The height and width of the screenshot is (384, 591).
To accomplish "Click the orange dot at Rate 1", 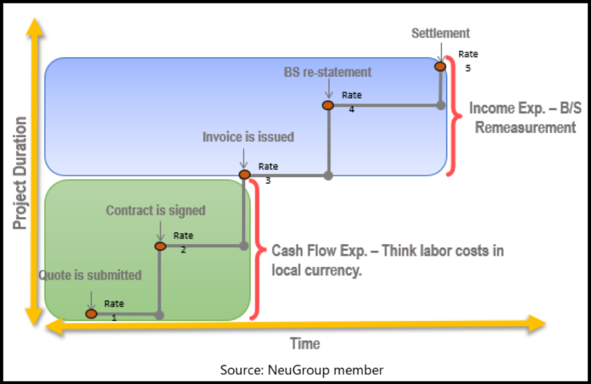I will (x=92, y=313).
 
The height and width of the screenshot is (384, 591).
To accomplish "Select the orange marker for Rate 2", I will (x=160, y=246).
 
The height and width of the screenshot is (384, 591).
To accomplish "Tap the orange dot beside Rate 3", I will (x=245, y=175).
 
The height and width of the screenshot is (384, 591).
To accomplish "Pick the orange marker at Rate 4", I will (x=328, y=105).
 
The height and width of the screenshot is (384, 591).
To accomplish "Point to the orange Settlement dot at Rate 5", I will (x=440, y=66).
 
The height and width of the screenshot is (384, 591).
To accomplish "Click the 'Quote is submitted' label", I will (x=91, y=275).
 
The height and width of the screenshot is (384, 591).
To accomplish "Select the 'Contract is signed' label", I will (x=156, y=210).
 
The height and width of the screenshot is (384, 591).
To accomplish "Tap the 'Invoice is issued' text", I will (x=248, y=137).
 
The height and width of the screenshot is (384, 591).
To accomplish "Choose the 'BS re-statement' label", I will (x=328, y=72).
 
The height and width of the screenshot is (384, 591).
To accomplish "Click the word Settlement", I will (x=440, y=33).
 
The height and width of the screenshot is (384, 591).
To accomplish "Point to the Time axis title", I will (x=305, y=343).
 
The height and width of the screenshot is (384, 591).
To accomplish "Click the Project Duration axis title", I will (x=20, y=173).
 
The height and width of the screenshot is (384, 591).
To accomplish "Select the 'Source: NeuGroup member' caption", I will (x=302, y=370).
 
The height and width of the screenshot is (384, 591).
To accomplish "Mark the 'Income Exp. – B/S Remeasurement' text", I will (x=526, y=118).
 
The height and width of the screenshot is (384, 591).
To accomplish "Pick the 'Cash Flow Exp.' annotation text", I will (x=389, y=260).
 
